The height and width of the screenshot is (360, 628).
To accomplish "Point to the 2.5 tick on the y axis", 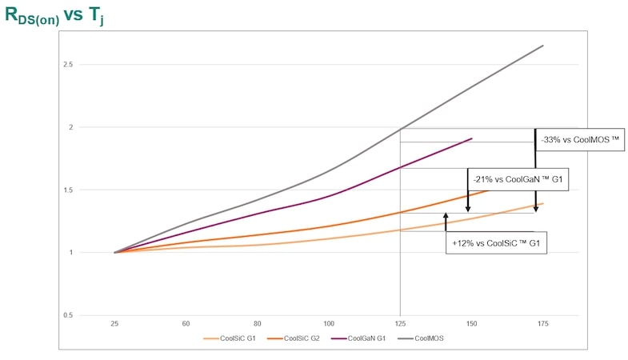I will click(x=92, y=65).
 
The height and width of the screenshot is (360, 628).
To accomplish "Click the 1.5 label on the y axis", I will click(x=92, y=190).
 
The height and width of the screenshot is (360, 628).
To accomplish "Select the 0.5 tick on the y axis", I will click(x=92, y=315).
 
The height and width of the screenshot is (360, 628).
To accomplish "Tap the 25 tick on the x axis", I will click(x=116, y=324).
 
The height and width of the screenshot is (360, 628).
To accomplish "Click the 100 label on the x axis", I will click(x=329, y=324).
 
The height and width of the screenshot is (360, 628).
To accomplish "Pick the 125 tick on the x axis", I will click(x=400, y=324).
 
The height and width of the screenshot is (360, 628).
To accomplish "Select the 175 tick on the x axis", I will click(x=542, y=324).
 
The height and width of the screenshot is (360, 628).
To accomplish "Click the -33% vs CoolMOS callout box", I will click(x=581, y=139).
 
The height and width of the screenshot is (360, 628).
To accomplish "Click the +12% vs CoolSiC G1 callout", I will click(x=497, y=242).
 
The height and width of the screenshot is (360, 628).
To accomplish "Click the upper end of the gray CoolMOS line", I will click(x=543, y=46).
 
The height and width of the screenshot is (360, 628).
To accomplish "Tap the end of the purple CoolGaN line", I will click(x=472, y=138).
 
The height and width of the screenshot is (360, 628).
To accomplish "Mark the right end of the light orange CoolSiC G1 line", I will click(x=543, y=203).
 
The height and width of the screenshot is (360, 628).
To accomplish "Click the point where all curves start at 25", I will click(x=116, y=253).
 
